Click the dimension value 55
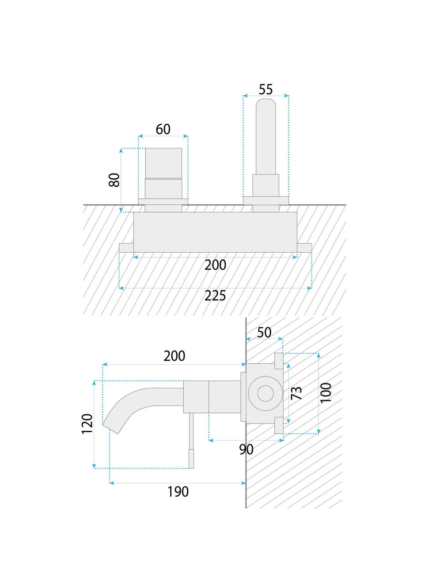266,89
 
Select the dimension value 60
163,129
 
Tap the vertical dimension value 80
114,180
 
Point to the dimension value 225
215,296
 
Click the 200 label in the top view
215,265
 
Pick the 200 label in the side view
174,356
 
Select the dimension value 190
178,492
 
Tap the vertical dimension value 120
88,424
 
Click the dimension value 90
246,449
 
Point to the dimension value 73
297,393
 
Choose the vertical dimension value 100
326,393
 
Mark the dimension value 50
264,333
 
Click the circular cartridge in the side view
264,394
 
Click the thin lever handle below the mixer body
191,439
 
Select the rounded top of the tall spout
266,105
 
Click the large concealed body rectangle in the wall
215,232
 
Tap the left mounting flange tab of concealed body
126,247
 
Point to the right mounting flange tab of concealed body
304,247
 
